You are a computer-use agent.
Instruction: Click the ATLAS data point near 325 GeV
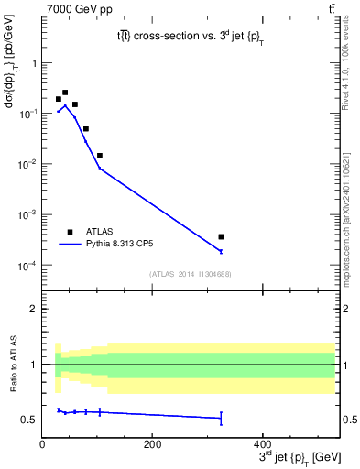pyautogui.click(x=221, y=236)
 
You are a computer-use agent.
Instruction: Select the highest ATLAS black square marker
pyautogui.click(x=65, y=93)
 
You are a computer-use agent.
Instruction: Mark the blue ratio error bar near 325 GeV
pyautogui.click(x=221, y=419)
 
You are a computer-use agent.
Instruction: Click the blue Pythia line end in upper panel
pyautogui.click(x=221, y=251)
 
